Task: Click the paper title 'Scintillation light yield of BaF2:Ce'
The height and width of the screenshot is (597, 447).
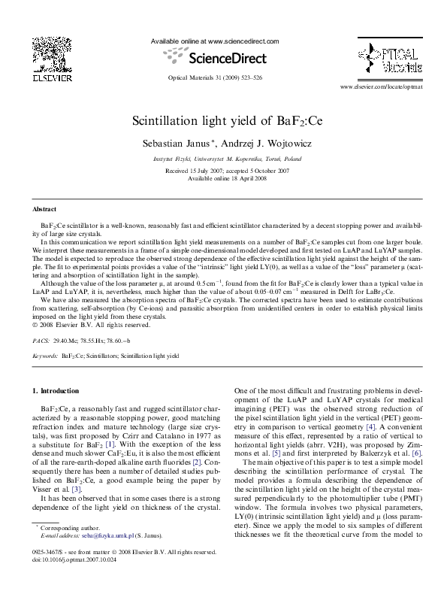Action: click(223, 121)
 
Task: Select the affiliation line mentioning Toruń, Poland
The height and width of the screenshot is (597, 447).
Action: click(223, 159)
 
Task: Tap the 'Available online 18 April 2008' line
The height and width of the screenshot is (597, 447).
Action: click(223, 177)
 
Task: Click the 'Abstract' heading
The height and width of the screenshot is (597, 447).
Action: click(45, 208)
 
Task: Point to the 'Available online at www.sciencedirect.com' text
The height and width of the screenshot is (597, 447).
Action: click(215, 41)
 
